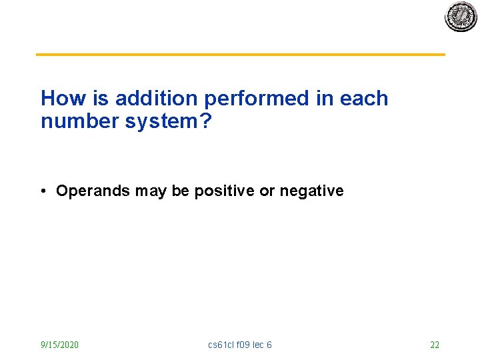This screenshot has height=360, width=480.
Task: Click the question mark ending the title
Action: pos(203,121)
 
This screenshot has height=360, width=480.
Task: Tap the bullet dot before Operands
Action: pos(43,191)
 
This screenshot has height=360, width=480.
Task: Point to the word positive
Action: pos(224,191)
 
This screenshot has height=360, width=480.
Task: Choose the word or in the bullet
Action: pos(267,191)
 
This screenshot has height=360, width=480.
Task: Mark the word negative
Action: pos(311,191)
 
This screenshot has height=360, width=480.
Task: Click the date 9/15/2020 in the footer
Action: pos(59,345)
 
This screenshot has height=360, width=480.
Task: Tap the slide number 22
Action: pos(435,345)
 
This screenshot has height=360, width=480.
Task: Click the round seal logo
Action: pos(461,17)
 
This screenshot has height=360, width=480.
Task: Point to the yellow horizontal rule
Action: pos(240,55)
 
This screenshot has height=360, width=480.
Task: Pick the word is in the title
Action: pos(100,99)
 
